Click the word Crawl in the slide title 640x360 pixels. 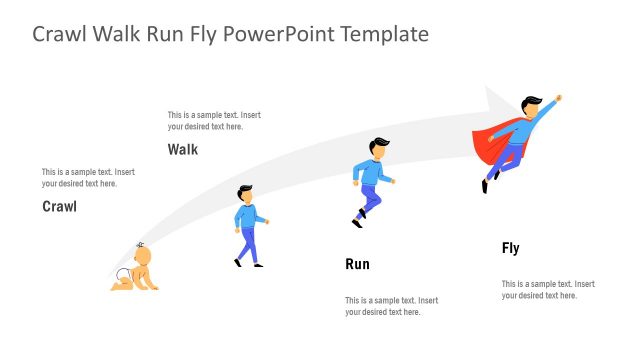[x=62, y=34]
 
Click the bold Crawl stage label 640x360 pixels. [x=59, y=207]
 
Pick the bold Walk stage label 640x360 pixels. [x=183, y=150]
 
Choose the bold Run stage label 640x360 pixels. [x=357, y=265]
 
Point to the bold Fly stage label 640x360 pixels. [x=511, y=248]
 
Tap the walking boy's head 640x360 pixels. [x=245, y=193]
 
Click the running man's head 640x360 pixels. [x=377, y=148]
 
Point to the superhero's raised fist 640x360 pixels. [x=558, y=98]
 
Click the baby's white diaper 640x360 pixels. [x=127, y=275]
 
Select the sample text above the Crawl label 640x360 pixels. [x=88, y=178]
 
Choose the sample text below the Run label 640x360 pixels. [x=391, y=306]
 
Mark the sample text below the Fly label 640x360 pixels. [x=548, y=290]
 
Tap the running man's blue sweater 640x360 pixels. [x=373, y=171]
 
